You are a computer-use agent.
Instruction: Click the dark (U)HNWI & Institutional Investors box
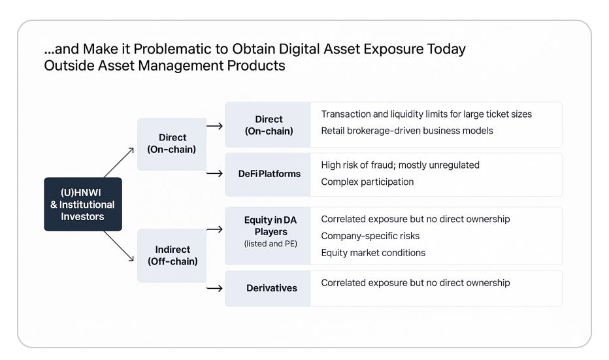[x=83, y=205]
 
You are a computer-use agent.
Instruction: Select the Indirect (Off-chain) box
[x=172, y=255]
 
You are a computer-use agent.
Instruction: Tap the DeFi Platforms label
[x=269, y=174]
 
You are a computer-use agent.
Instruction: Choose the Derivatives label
[x=271, y=287]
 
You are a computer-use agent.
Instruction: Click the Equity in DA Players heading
[x=271, y=225]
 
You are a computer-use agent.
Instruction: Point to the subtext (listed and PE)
[x=271, y=244]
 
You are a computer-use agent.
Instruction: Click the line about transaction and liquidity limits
[x=426, y=114]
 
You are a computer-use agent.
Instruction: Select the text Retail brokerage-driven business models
[x=406, y=131]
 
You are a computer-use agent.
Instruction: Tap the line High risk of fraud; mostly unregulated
[x=400, y=165]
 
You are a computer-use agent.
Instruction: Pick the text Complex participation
[x=367, y=182]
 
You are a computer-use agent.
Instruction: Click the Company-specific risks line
[x=370, y=236]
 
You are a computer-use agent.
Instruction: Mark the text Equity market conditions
[x=373, y=253]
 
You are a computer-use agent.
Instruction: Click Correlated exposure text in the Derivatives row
[x=415, y=283]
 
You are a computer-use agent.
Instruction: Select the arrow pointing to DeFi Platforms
[x=214, y=173]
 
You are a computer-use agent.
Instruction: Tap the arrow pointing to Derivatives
[x=214, y=288]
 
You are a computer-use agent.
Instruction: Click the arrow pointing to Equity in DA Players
[x=214, y=229]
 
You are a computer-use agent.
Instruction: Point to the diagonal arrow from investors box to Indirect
[x=119, y=246]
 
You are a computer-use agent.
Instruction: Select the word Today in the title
[x=446, y=49]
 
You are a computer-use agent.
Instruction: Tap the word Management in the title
[x=180, y=65]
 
